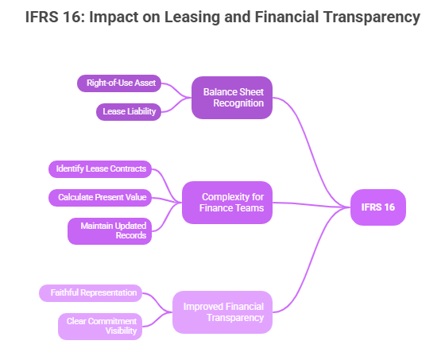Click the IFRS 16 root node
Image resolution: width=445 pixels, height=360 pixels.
click(378, 207)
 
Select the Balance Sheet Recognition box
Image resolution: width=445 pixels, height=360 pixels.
click(232, 98)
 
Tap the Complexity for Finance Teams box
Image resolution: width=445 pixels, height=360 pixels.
click(227, 203)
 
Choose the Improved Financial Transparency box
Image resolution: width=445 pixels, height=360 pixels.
click(222, 312)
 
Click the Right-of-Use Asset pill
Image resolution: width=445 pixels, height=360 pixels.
click(119, 83)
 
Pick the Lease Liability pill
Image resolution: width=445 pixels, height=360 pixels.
click(129, 112)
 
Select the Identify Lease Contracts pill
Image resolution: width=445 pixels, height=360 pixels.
click(100, 169)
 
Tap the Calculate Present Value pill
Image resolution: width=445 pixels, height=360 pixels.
click(100, 198)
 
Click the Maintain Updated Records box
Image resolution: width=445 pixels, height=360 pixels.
click(110, 231)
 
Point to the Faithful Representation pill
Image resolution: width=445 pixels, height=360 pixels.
click(91, 293)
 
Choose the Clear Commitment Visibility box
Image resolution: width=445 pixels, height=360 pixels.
click(100, 327)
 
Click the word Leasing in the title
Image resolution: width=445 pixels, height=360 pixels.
click(192, 17)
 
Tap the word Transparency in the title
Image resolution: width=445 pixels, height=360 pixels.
click(369, 17)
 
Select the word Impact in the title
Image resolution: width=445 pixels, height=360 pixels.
click(114, 17)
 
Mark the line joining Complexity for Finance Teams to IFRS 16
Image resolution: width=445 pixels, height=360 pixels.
click(311, 205)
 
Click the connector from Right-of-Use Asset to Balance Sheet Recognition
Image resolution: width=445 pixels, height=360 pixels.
click(176, 91)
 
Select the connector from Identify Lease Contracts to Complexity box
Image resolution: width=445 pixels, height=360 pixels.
click(168, 186)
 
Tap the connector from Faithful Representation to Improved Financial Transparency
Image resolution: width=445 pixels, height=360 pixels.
click(157, 303)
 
